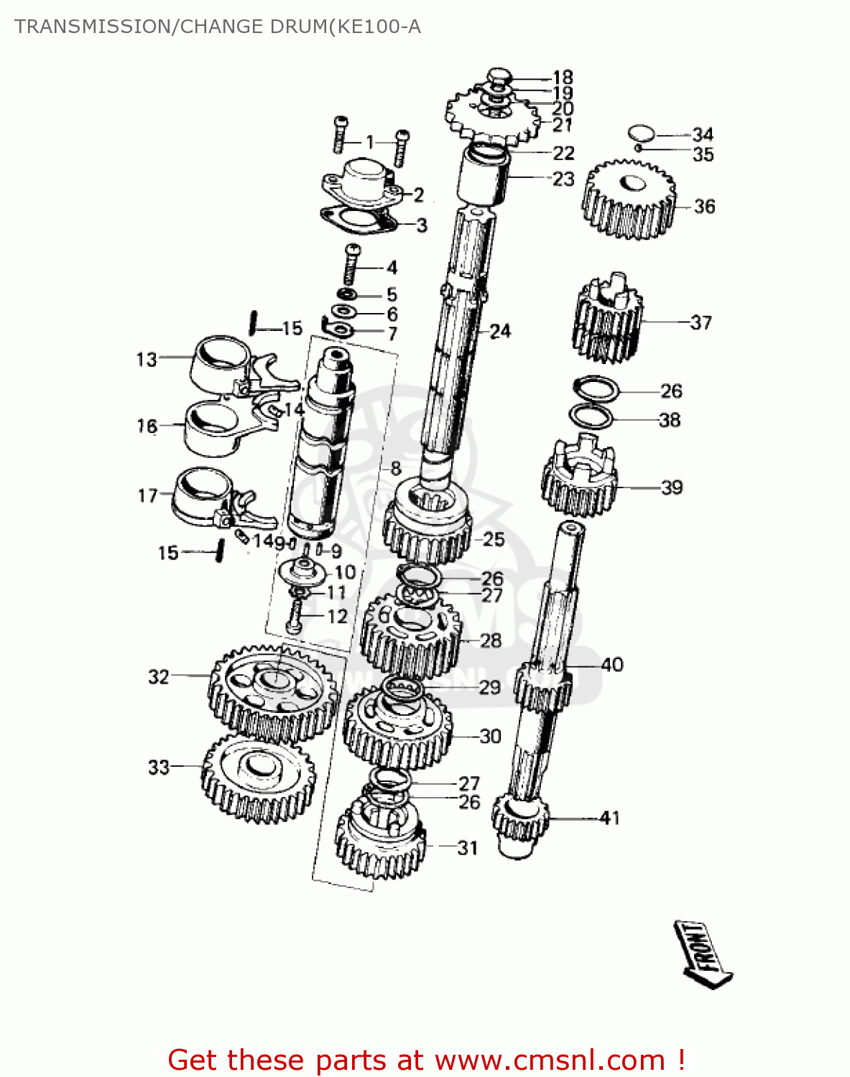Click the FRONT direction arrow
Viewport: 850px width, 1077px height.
[703, 954]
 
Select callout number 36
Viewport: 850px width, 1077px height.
[704, 207]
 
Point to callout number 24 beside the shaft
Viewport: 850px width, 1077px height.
[500, 331]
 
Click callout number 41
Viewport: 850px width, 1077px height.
[609, 818]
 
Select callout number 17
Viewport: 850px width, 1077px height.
[147, 495]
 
